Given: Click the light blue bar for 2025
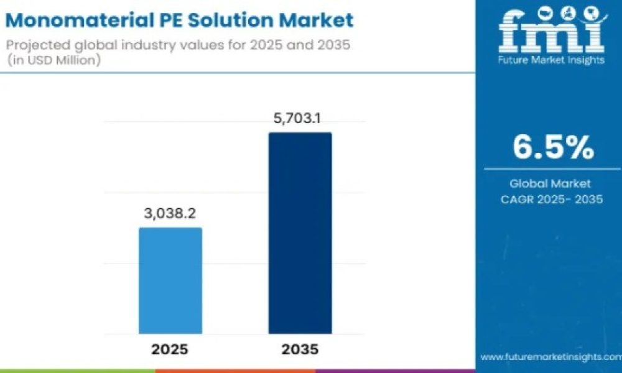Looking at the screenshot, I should (x=170, y=280).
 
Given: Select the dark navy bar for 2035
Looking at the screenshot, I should (x=300, y=233).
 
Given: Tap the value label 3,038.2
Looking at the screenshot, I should (x=170, y=214).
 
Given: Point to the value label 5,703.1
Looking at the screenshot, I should (x=298, y=118).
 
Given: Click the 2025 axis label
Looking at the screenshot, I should (x=170, y=349).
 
